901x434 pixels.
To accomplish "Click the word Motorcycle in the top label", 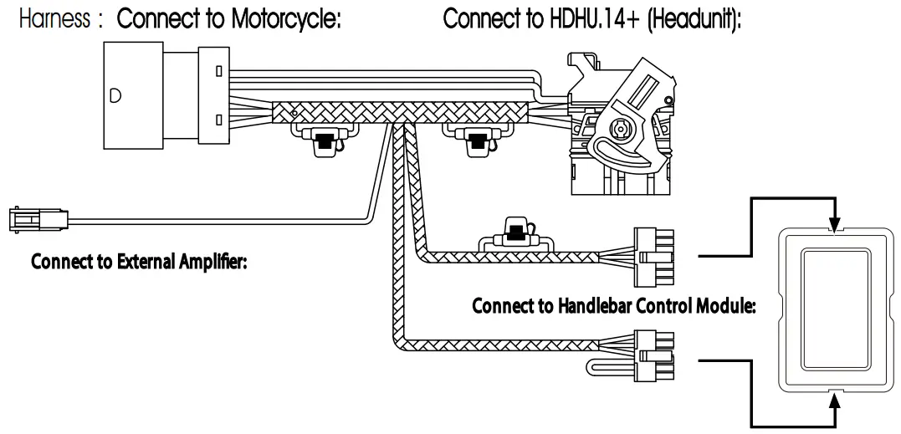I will click(x=284, y=20).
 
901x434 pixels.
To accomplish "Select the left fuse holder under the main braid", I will click(x=322, y=140).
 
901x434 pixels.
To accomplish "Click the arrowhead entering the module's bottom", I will click(x=833, y=403).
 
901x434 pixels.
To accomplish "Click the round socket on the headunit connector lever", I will click(x=620, y=131).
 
